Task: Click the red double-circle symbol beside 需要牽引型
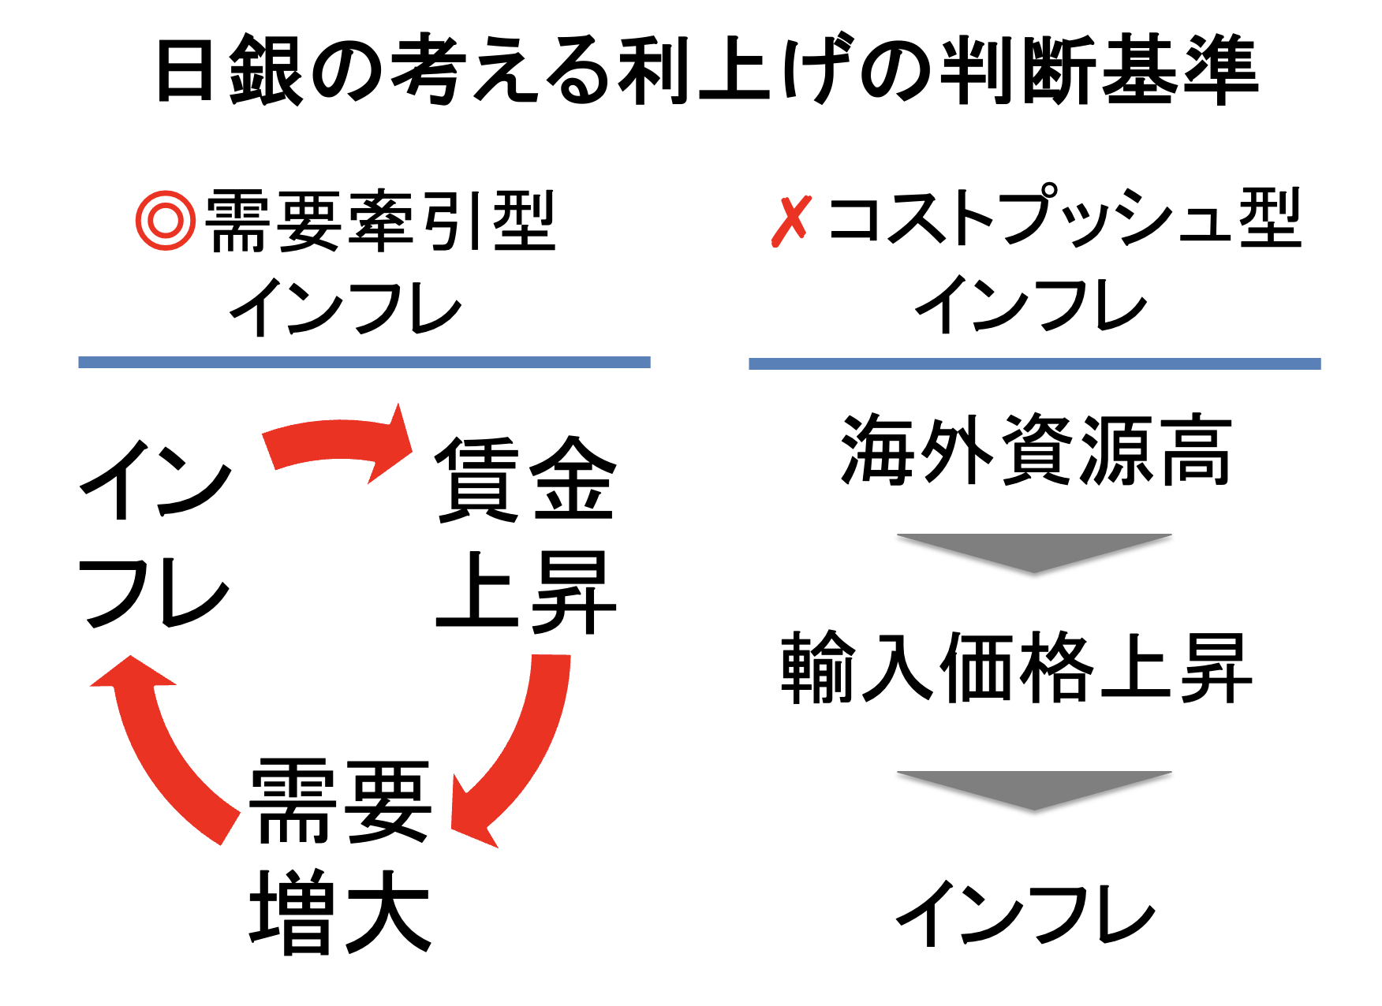pos(165,222)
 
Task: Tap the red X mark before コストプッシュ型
pos(790,222)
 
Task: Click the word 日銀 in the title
pos(229,71)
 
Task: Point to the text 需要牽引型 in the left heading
pos(380,222)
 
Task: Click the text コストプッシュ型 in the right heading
pos(1065,218)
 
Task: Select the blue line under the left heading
pos(364,362)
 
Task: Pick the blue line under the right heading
pos(1034,363)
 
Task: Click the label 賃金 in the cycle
pos(525,479)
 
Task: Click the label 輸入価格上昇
pos(1016,668)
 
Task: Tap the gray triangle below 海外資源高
pos(1033,550)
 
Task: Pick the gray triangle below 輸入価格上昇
pos(1033,788)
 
